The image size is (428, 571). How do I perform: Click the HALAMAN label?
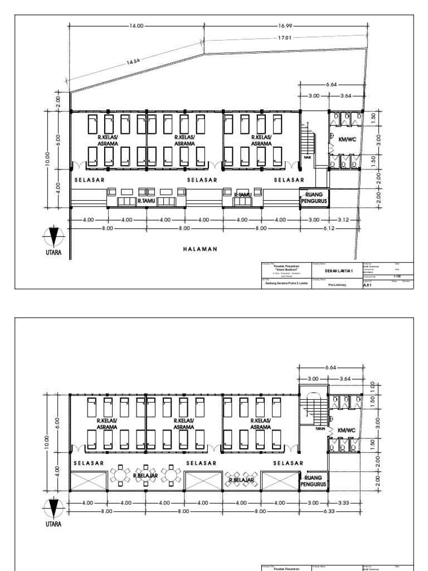click(199, 250)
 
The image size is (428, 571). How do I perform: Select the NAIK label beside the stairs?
click(307, 157)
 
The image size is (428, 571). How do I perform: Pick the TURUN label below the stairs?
click(320, 429)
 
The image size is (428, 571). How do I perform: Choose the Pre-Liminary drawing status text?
click(337, 284)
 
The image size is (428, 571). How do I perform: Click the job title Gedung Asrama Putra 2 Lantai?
click(286, 283)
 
